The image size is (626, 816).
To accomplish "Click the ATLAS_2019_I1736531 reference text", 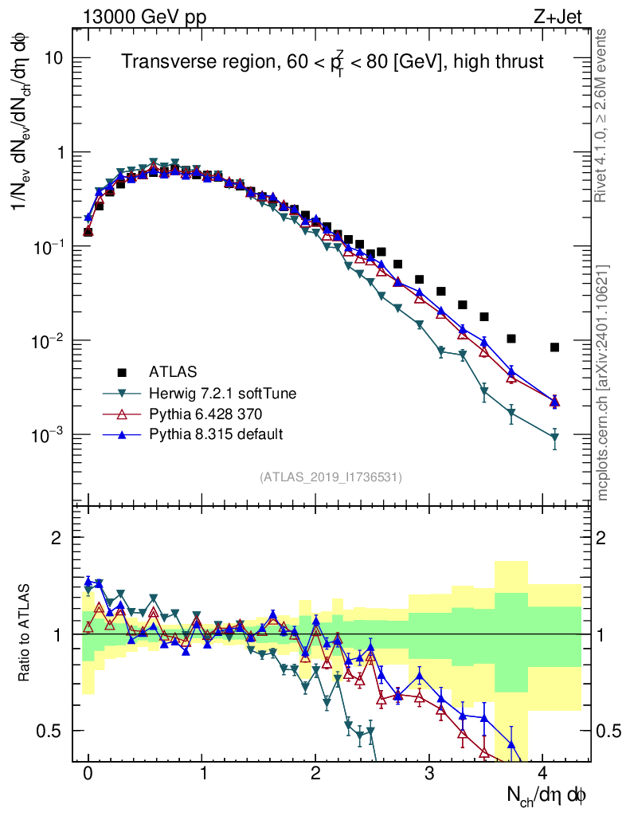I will [x=331, y=477].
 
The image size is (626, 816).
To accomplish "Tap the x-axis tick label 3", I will [x=429, y=772].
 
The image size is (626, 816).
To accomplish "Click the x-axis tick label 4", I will [x=542, y=772].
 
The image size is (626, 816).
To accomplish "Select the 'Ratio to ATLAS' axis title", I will [x=26, y=634].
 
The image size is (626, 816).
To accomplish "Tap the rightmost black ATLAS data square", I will [x=554, y=347].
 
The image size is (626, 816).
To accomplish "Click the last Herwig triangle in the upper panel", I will [x=554, y=437].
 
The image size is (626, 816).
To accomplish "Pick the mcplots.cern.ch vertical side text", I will [x=604, y=382].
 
